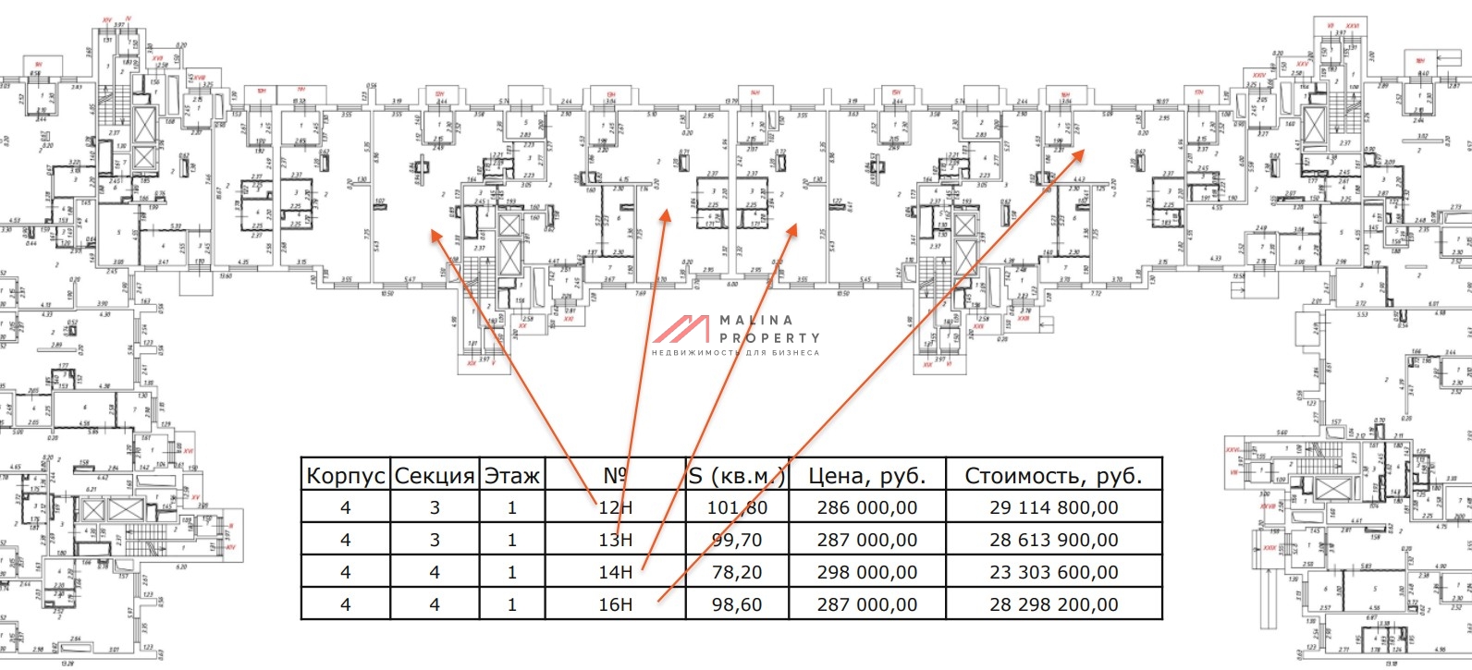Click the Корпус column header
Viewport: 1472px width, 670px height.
click(346, 476)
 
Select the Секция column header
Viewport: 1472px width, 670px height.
click(435, 476)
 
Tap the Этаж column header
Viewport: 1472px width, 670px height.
click(512, 476)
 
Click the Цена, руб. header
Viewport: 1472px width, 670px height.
click(866, 476)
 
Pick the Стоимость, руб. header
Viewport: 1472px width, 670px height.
click(1053, 476)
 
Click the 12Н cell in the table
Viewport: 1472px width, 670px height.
click(616, 507)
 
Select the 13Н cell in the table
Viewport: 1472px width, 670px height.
click(616, 540)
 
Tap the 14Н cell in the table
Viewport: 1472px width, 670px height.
click(616, 572)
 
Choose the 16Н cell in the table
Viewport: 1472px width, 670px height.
click(616, 604)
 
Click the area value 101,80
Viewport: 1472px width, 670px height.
click(737, 507)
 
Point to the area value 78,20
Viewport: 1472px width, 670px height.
click(737, 572)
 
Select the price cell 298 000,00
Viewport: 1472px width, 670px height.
click(866, 572)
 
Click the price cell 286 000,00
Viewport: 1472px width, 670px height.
click(866, 507)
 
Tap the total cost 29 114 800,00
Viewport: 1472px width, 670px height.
click(1053, 507)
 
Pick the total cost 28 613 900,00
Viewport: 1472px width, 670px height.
click(1053, 540)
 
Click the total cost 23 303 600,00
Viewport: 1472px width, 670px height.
click(1053, 572)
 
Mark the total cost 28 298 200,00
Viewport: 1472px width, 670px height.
click(1053, 604)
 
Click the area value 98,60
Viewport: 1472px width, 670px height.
click(737, 604)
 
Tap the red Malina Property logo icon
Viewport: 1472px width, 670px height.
click(681, 330)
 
